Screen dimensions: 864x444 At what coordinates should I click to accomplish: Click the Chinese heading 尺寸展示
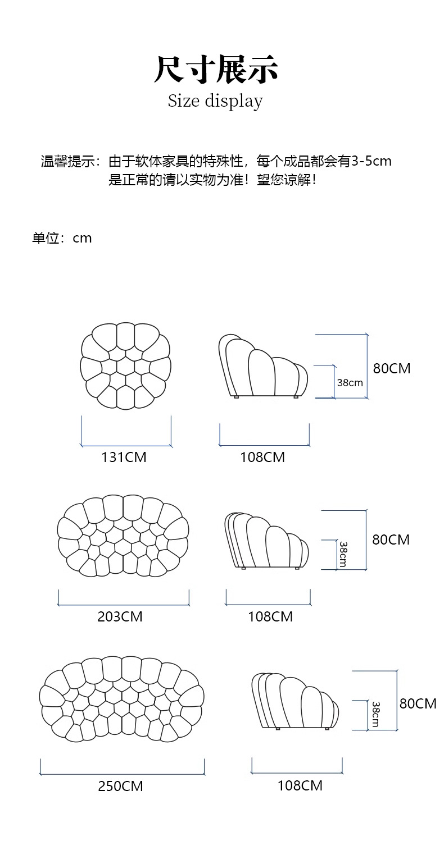(x=216, y=70)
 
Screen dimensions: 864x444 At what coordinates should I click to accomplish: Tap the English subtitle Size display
(x=215, y=101)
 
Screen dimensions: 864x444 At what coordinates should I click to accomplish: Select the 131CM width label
(x=124, y=458)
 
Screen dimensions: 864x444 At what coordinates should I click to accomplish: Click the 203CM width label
(x=120, y=616)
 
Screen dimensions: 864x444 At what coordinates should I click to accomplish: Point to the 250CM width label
(x=120, y=787)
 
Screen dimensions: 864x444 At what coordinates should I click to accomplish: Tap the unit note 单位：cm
(x=62, y=238)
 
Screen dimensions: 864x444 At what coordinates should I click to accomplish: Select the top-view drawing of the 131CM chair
(x=125, y=366)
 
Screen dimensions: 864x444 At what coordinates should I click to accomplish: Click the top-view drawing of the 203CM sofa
(x=123, y=536)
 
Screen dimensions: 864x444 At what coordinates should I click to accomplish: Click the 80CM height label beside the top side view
(x=392, y=369)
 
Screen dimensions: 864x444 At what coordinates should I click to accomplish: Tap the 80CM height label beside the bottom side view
(x=418, y=703)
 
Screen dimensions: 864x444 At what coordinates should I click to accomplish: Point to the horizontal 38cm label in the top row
(x=350, y=383)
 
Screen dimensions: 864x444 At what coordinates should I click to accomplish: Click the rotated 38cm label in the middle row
(x=342, y=554)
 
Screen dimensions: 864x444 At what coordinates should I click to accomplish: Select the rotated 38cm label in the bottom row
(x=375, y=714)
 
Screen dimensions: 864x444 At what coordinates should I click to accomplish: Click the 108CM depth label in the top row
(x=262, y=458)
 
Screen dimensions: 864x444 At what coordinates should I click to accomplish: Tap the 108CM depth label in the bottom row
(x=300, y=785)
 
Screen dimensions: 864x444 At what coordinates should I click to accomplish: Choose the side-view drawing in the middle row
(x=267, y=540)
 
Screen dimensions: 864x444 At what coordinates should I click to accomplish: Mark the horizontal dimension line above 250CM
(x=122, y=774)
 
